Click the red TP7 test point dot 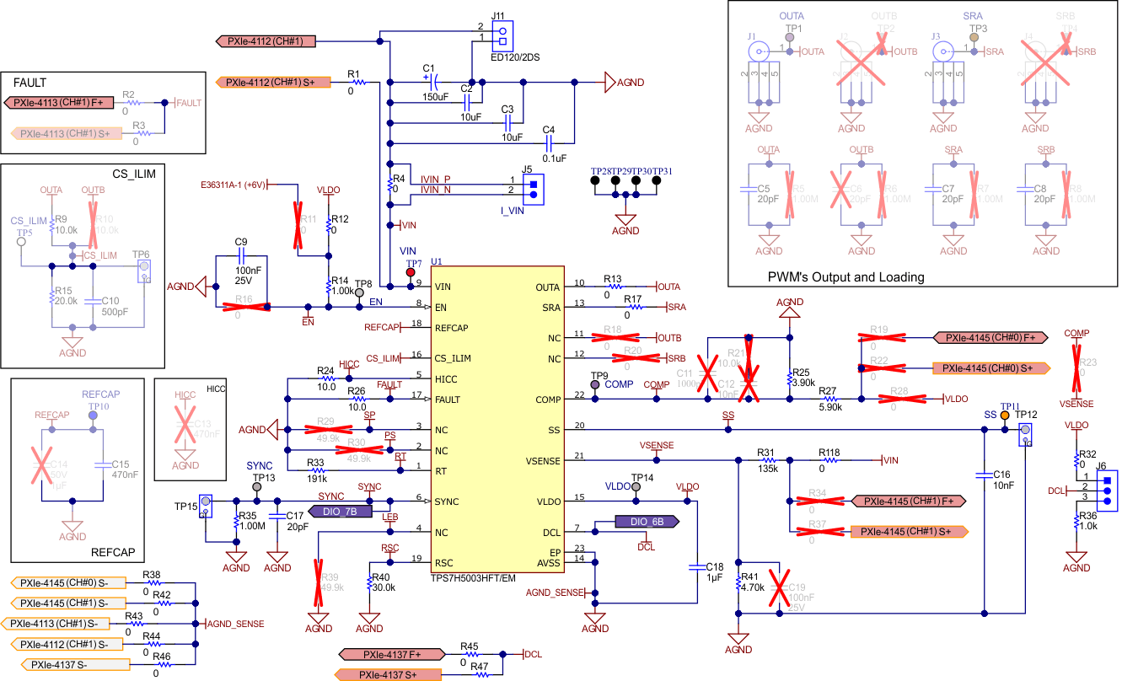pos(411,272)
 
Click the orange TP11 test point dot pos(1005,429)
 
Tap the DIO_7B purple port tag pos(341,511)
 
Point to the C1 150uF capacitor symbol pos(433,83)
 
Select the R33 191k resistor pos(315,470)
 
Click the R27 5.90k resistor pos(830,399)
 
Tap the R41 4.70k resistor pos(738,583)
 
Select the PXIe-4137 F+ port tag pos(391,654)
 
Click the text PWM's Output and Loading pos(846,277)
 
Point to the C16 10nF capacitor pos(985,476)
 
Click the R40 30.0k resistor pos(370,583)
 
